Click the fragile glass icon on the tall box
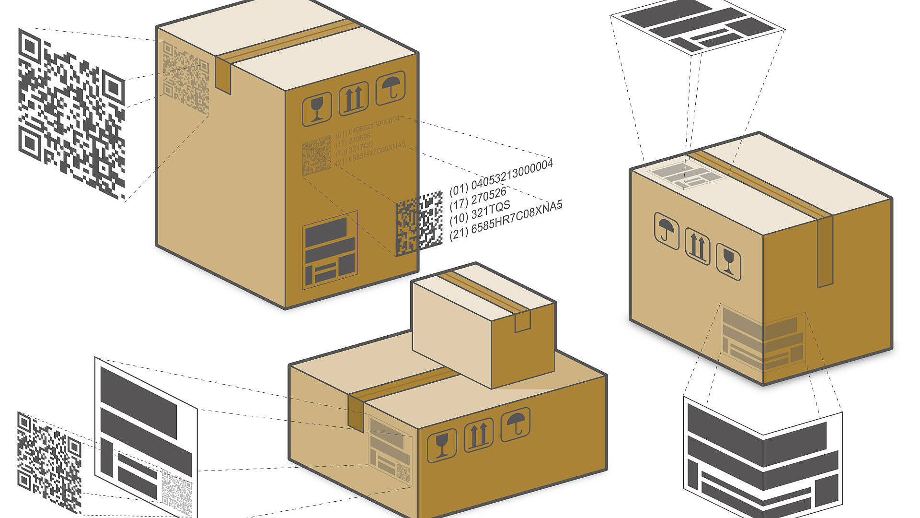coord(317,109)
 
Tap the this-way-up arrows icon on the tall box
coord(354,99)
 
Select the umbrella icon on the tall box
coord(391,88)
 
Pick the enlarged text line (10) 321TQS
coord(480,212)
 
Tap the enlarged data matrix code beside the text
coord(419,223)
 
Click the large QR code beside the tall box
coord(72,114)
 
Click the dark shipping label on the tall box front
coord(330,250)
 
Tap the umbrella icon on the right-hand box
coord(667,231)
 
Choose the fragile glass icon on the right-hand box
coord(728,261)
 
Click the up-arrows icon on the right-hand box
coord(698,246)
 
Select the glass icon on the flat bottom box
coord(441,446)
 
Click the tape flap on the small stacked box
coord(522,321)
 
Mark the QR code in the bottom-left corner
coord(49,463)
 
